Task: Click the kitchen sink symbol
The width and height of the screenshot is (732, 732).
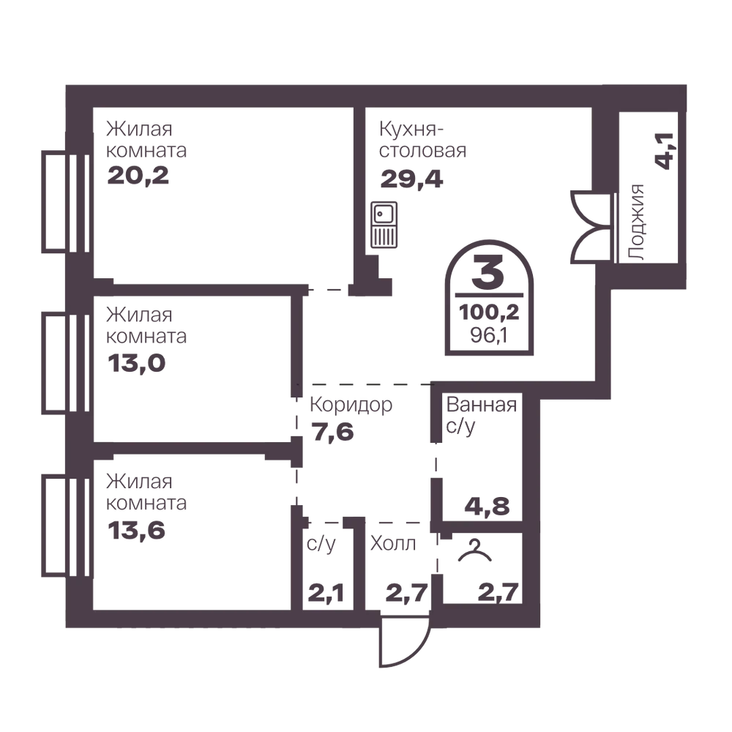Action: tap(384, 225)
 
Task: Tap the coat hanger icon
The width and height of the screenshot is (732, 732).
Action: tap(475, 552)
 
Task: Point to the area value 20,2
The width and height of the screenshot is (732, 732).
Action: tap(138, 176)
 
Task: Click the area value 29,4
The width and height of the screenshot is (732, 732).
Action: tap(411, 179)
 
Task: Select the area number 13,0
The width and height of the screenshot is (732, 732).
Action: tap(136, 363)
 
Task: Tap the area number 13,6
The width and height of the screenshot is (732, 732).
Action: tap(136, 530)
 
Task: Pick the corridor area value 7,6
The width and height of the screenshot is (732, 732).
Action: tap(333, 433)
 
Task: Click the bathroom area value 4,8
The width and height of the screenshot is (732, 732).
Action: tap(487, 506)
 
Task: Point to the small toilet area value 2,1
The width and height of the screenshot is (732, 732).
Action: tap(326, 593)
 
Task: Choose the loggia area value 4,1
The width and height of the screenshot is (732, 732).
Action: tap(665, 151)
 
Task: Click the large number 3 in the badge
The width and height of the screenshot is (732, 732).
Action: tap(488, 272)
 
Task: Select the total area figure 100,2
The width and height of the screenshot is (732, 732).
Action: tap(489, 313)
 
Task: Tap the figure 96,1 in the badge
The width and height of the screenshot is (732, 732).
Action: tap(489, 335)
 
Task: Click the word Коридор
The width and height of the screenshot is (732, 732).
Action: tap(351, 406)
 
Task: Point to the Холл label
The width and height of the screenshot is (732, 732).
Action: tap(393, 544)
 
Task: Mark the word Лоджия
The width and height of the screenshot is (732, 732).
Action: tap(637, 223)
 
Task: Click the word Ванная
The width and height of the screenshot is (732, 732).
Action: tap(482, 405)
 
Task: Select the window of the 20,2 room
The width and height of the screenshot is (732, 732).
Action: tap(66, 202)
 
